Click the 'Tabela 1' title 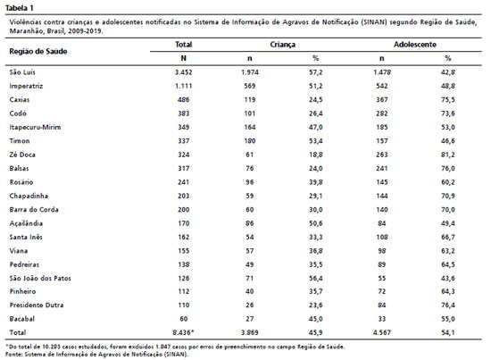(20, 8)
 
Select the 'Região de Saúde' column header (38, 52)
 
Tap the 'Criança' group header (282, 45)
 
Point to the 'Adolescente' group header (415, 45)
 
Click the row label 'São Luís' (22, 72)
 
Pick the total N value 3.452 (184, 72)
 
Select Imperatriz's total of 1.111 (184, 86)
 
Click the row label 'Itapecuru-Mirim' (35, 127)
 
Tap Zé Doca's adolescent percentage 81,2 (448, 155)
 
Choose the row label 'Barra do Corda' (34, 210)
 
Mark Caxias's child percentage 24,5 (316, 100)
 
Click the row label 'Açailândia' (26, 223)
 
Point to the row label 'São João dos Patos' (40, 278)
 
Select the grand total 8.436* (183, 332)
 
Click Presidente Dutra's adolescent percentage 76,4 (448, 306)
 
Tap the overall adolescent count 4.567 (382, 332)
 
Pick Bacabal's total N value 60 (184, 319)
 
